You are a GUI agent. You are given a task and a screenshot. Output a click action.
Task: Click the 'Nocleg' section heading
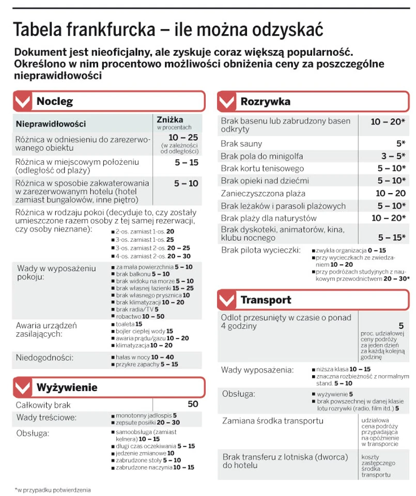click(54, 101)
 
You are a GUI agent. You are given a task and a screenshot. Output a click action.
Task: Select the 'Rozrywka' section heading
click(265, 101)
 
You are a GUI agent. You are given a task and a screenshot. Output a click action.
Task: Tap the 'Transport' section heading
click(266, 300)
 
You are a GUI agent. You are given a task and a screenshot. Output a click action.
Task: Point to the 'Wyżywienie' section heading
click(67, 387)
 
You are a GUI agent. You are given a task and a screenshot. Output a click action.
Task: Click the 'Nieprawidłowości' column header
click(51, 124)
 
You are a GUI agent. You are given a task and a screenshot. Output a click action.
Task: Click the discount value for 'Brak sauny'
click(400, 144)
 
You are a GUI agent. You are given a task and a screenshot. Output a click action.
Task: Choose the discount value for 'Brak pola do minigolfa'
click(394, 156)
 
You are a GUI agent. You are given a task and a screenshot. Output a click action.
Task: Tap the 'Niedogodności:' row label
click(44, 357)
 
